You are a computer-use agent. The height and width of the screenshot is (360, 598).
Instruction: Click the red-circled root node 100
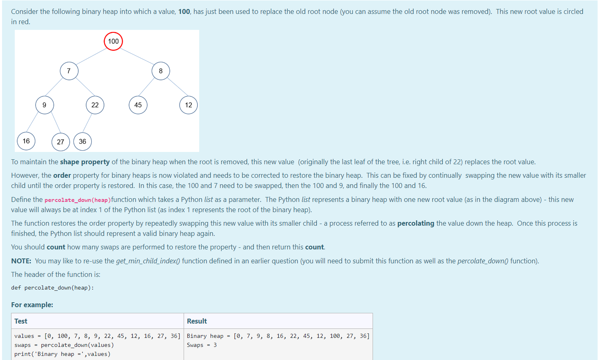113,41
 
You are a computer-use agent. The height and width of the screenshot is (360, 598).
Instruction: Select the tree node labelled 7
69,71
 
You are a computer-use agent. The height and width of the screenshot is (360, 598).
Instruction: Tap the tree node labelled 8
161,71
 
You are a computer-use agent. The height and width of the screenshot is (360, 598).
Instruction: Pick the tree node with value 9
44,105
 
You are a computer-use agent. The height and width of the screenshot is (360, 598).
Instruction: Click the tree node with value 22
95,105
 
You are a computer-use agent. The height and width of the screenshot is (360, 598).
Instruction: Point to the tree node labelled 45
138,105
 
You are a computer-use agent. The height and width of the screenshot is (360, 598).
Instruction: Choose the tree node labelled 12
189,105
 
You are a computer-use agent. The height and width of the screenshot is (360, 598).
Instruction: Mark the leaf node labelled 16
26,141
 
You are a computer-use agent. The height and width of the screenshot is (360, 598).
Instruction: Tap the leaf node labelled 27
61,142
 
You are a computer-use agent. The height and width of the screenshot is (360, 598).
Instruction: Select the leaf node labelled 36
82,141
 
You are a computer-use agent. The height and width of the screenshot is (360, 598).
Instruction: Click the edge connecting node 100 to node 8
137,56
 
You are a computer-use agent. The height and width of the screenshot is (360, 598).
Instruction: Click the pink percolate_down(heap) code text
77,200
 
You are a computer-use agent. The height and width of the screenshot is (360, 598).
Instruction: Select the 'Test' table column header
21,321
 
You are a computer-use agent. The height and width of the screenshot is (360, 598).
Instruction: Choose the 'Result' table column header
197,321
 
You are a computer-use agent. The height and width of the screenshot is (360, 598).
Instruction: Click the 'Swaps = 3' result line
202,345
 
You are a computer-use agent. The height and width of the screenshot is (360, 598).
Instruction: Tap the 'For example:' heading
32,305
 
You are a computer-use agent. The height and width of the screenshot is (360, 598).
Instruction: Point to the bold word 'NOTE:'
21,261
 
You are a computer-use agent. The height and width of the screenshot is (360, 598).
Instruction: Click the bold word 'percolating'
416,223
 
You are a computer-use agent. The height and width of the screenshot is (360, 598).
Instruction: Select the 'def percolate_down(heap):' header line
52,288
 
